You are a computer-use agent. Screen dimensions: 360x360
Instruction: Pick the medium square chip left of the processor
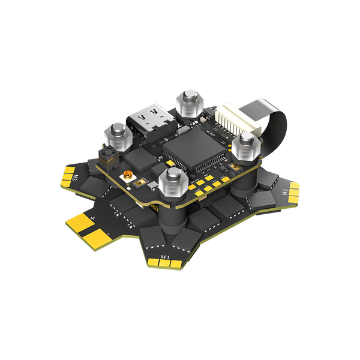(x=140, y=157)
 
